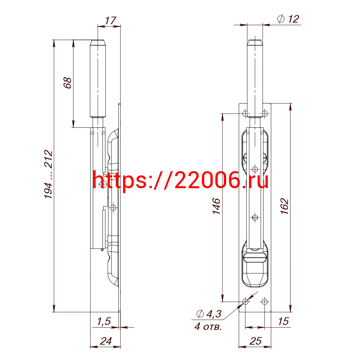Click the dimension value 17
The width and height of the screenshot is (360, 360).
110,20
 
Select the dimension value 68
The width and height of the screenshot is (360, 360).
67,83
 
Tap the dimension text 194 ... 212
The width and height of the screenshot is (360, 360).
48,174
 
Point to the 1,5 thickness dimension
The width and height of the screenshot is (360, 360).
104,321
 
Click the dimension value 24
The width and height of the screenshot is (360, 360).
106,341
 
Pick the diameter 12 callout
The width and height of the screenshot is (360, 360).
288,19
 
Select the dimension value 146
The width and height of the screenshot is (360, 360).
216,206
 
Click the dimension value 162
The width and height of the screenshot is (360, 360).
284,206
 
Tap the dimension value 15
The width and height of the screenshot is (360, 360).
283,321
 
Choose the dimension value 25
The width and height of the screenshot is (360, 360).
256,341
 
